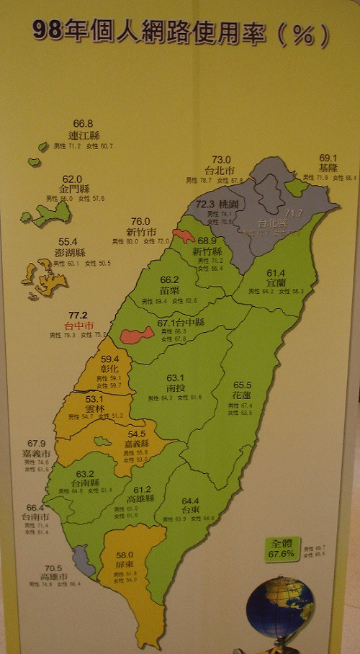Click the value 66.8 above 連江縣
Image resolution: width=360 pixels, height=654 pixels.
click(83, 124)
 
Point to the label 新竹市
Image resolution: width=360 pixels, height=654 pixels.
click(141, 231)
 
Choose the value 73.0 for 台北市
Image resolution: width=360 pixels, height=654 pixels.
click(221, 159)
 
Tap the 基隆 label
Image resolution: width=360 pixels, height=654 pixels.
click(328, 167)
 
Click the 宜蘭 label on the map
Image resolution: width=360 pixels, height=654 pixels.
click(276, 283)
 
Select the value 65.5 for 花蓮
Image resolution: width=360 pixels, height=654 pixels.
click(242, 385)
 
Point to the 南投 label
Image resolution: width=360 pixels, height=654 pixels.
click(176, 387)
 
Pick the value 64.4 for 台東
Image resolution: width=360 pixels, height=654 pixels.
click(190, 501)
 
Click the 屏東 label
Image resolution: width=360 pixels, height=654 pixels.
click(125, 566)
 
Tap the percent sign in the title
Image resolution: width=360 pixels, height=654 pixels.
click(304, 33)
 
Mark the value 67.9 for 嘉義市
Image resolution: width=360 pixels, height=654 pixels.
click(36, 443)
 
